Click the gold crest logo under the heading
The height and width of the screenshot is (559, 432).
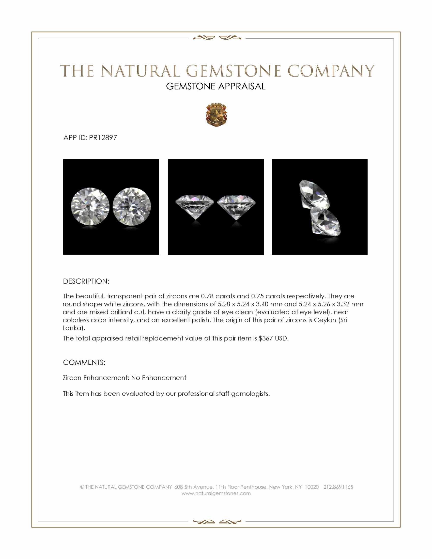click(216, 115)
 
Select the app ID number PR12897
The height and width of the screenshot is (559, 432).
click(103, 138)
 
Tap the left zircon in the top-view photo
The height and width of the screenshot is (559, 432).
click(90, 206)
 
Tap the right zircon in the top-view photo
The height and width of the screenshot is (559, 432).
click(132, 206)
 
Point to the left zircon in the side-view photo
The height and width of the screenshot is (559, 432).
click(195, 206)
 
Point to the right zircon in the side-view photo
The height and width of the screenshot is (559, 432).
click(236, 206)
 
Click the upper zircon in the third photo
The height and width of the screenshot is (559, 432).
click(314, 194)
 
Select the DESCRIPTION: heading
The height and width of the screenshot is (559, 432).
click(86, 281)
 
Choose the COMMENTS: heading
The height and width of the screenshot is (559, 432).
click(84, 362)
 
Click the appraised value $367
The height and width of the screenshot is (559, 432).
click(266, 338)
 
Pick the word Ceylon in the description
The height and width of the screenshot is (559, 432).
click(325, 320)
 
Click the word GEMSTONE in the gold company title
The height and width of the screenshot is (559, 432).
click(233, 71)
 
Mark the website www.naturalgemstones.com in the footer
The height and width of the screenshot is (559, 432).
click(216, 493)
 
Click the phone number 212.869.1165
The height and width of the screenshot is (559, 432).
click(338, 487)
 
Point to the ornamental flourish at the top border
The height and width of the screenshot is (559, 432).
click(217, 38)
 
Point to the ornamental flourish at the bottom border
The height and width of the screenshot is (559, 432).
click(217, 521)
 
